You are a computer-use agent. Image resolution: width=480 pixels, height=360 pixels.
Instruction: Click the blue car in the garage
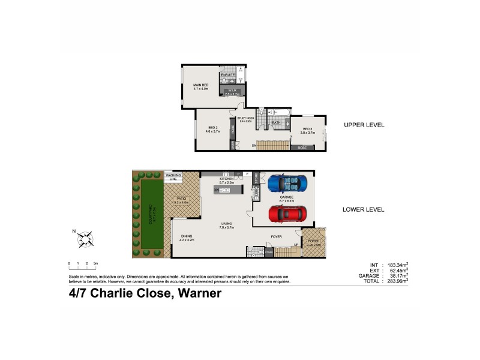[287, 182]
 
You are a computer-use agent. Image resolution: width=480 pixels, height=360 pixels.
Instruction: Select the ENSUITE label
[229, 74]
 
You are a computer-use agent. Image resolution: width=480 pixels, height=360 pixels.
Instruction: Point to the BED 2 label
[212, 127]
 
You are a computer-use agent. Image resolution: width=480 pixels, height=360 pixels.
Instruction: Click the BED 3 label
[307, 129]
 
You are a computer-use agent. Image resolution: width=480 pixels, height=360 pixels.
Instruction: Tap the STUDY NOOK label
[246, 119]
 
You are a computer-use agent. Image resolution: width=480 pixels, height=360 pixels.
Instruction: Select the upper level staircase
[273, 145]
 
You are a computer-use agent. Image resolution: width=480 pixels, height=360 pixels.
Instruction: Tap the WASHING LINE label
[173, 177]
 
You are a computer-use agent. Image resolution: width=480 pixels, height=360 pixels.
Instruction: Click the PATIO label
[181, 200]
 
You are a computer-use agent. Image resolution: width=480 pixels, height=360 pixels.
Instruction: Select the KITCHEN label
[226, 179]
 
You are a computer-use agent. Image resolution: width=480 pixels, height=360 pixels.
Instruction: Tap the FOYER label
[276, 237]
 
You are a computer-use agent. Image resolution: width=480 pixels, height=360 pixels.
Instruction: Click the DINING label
[187, 236]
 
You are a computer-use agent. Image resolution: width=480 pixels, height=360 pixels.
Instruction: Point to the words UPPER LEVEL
[364, 125]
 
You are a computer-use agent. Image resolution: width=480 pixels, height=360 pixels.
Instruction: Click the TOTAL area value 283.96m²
[397, 280]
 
